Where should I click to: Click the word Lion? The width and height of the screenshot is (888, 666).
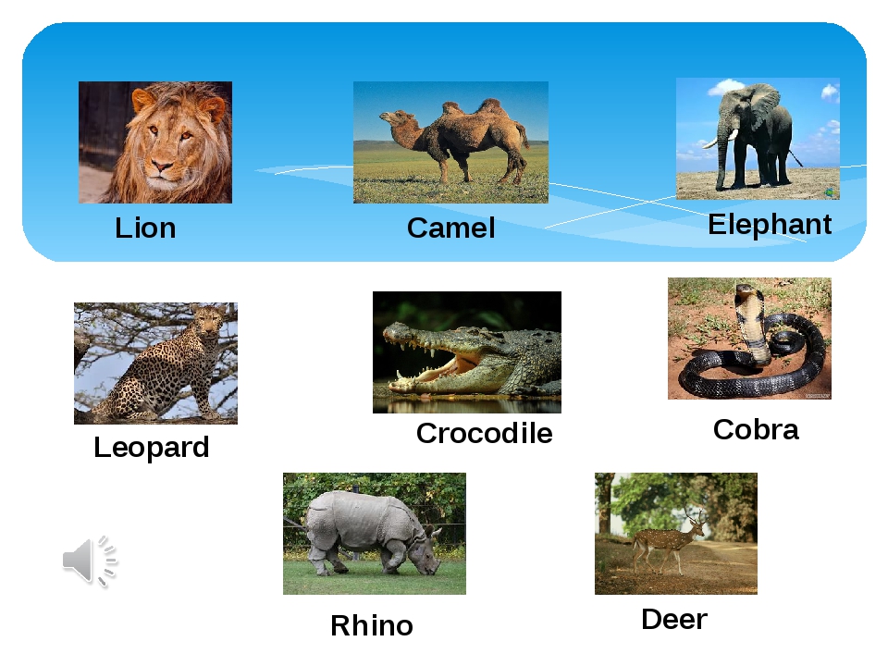tap(145, 228)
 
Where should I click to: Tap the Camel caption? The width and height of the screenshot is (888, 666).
tap(450, 228)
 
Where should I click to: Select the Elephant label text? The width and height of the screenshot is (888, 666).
tap(770, 224)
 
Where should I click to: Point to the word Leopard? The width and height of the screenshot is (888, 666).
tap(151, 448)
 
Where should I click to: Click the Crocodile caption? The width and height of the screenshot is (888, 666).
tap(484, 433)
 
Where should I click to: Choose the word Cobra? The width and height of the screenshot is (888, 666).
tap(756, 429)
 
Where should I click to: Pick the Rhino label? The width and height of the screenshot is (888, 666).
tap(372, 625)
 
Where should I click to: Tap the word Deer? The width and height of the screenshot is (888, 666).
tap(674, 619)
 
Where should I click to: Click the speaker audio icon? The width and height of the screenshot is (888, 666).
tap(90, 561)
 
